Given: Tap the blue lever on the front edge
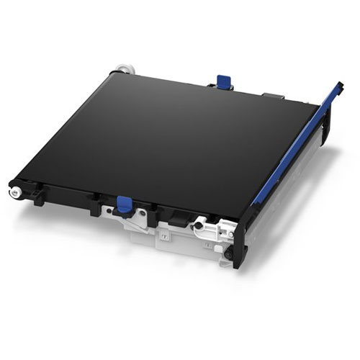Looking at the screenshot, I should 125,203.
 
